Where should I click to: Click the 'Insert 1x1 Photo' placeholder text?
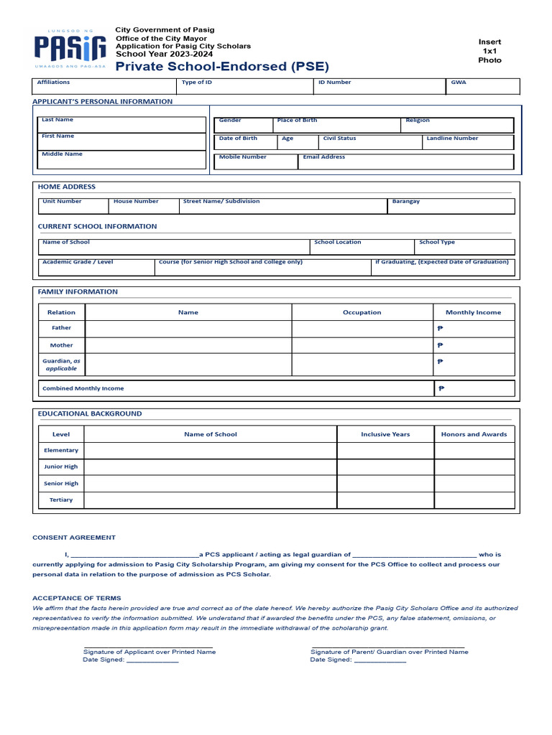click(489, 51)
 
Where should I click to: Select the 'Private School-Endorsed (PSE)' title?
click(222, 67)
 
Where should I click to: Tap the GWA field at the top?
click(482, 86)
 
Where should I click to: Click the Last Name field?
click(121, 124)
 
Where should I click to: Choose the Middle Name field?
click(121, 159)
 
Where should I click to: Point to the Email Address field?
click(405, 161)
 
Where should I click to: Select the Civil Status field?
click(370, 142)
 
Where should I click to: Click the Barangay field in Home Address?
click(451, 206)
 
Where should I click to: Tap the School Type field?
click(464, 247)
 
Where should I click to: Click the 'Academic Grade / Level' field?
click(97, 267)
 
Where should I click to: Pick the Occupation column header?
click(362, 312)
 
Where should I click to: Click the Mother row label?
click(62, 345)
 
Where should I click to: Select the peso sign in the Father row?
click(440, 328)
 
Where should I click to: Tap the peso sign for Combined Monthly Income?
click(441, 388)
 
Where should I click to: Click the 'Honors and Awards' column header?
click(474, 434)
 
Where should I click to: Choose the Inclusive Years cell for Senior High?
click(385, 483)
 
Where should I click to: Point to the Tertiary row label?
click(61, 500)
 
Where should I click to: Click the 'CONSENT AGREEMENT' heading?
click(74, 538)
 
